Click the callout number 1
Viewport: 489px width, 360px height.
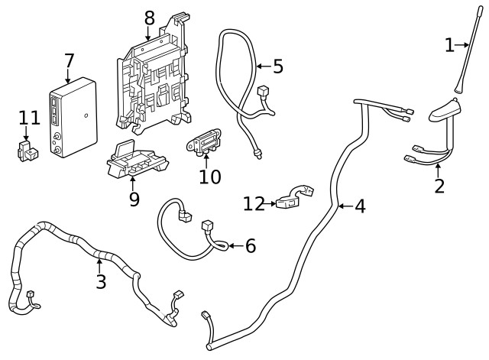[x=449, y=46]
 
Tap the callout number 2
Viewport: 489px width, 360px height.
[x=439, y=185]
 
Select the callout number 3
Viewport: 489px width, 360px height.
[x=100, y=281]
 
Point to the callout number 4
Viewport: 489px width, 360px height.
[x=359, y=206]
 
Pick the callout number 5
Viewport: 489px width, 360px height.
[x=277, y=66]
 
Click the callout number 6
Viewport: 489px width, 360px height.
[x=250, y=246]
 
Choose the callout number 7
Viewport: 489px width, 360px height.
[x=69, y=60]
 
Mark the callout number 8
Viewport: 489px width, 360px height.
[x=148, y=16]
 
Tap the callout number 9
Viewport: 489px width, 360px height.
[x=134, y=199]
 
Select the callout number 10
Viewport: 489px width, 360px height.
[x=209, y=177]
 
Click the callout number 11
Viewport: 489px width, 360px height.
[x=29, y=118]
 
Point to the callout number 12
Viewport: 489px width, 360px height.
[x=254, y=203]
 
